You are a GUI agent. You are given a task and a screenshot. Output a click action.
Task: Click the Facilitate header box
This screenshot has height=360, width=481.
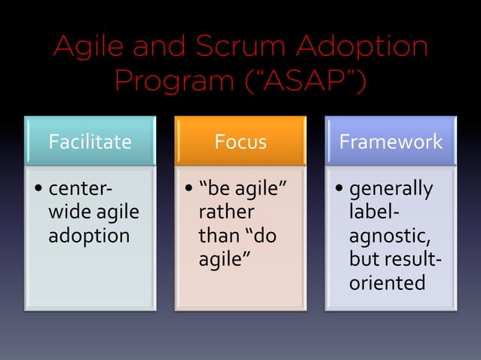pyautogui.click(x=90, y=141)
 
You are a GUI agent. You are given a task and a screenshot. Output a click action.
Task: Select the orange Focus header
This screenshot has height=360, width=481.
pyautogui.click(x=240, y=141)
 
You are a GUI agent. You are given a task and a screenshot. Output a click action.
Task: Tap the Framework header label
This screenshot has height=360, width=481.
pyautogui.click(x=391, y=141)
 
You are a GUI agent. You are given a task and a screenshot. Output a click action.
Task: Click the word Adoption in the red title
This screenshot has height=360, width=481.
pyautogui.click(x=362, y=47)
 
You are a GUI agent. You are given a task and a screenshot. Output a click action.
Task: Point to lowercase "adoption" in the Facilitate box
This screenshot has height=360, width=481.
pyautogui.click(x=89, y=236)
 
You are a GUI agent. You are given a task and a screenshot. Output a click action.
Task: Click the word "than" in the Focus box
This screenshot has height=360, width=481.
pyautogui.click(x=218, y=236)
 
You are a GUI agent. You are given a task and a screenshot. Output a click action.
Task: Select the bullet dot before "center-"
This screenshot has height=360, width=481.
pyautogui.click(x=38, y=188)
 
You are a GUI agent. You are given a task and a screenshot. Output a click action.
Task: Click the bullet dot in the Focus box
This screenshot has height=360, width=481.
pyautogui.click(x=188, y=188)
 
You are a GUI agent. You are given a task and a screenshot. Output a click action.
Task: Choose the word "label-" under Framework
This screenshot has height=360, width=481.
pyautogui.click(x=375, y=212)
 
